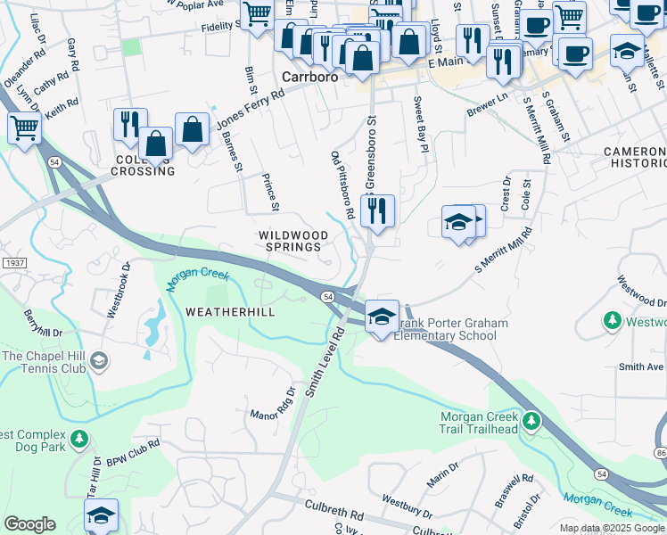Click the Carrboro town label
coord(309,77)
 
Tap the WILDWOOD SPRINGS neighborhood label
coord(289,241)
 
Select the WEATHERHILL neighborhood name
coord(230,311)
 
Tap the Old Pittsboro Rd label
coord(343,185)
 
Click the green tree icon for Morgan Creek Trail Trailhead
coord(531,419)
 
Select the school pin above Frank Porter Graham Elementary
coord(382,317)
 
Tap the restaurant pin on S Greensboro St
coord(378,211)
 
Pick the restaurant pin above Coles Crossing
coord(130,124)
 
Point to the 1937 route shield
coord(13,263)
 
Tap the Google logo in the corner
coord(29,524)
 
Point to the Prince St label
coord(269,193)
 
